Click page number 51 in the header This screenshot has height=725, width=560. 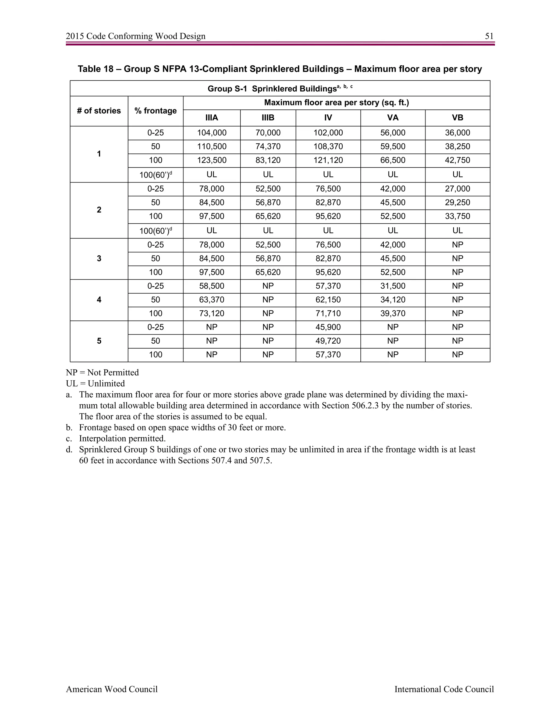coord(489,36)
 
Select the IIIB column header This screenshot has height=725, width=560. coord(268,118)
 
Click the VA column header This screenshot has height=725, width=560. coord(392,118)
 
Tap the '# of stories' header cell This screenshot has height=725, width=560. coord(99,111)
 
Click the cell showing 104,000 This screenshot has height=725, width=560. coord(212,133)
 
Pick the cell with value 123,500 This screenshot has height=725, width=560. coord(212,160)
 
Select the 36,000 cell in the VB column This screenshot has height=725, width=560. coord(457,133)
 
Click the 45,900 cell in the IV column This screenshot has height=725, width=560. coord(328,327)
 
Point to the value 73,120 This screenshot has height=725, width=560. coord(212,313)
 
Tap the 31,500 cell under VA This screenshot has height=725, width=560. coord(392,286)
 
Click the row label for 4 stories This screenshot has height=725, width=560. coord(99,300)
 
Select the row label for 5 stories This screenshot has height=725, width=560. coord(99,341)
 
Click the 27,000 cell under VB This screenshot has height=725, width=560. coord(457,189)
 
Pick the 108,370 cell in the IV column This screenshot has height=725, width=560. coord(328,146)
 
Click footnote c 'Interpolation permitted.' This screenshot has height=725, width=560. coord(122,439)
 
